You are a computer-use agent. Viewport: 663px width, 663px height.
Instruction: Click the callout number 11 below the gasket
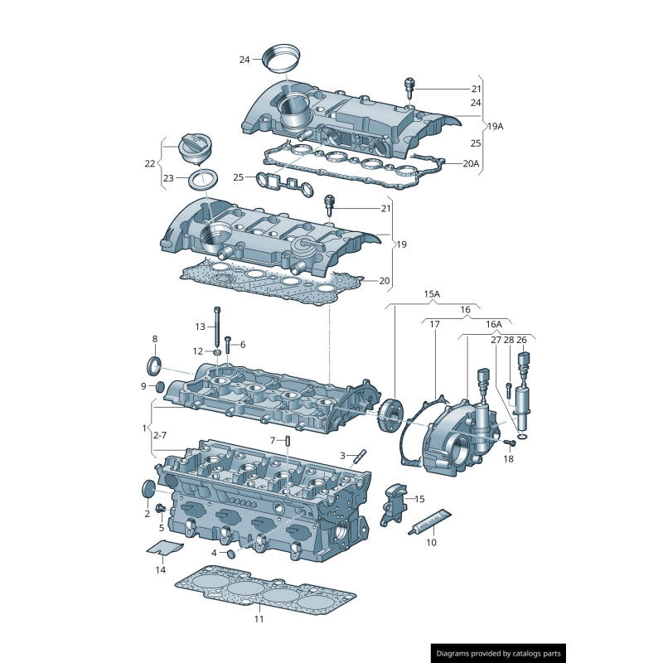coord(259,619)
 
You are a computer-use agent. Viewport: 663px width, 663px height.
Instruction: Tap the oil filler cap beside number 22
coord(191,148)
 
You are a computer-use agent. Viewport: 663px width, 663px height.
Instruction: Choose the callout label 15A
coord(432,294)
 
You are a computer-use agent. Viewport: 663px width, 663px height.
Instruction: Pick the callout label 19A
coord(495,126)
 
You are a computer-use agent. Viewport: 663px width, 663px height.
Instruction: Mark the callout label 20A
coord(471,164)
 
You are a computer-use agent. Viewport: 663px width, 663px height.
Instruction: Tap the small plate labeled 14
coord(164,547)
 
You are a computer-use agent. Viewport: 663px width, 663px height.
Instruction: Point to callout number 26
coord(521,340)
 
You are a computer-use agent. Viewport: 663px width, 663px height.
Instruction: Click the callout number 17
coord(434,325)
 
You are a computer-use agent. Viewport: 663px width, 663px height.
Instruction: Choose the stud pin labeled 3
coord(361,456)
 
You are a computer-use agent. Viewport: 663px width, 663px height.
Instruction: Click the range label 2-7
coord(159,435)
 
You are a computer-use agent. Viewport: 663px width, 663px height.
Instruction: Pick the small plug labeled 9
coord(160,386)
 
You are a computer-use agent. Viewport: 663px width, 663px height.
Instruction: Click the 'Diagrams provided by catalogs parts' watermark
coord(498,654)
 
